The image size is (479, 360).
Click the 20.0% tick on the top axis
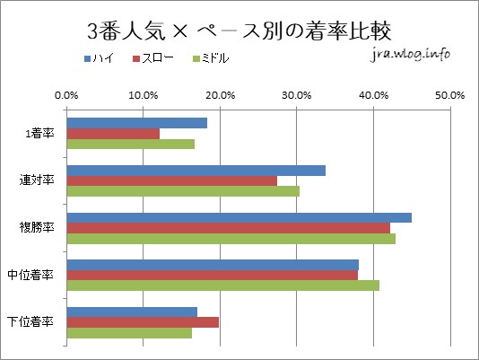pyautogui.click(x=220, y=93)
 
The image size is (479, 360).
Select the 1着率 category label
pyautogui.click(x=39, y=133)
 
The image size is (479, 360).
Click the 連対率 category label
pyautogui.click(x=37, y=180)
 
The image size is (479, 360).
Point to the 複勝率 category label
pyautogui.click(x=37, y=227)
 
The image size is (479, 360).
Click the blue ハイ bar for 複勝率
pyautogui.click(x=239, y=217)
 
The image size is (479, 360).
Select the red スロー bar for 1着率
pyautogui.click(x=113, y=133)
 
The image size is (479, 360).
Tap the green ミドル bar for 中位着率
pyautogui.click(x=222, y=285)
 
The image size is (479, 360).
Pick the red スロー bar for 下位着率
pyautogui.click(x=143, y=322)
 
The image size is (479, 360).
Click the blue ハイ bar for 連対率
pyautogui.click(x=196, y=170)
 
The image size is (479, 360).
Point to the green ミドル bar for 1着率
pyautogui.click(x=130, y=144)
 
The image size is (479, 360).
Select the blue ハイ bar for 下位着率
pyautogui.click(x=132, y=312)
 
